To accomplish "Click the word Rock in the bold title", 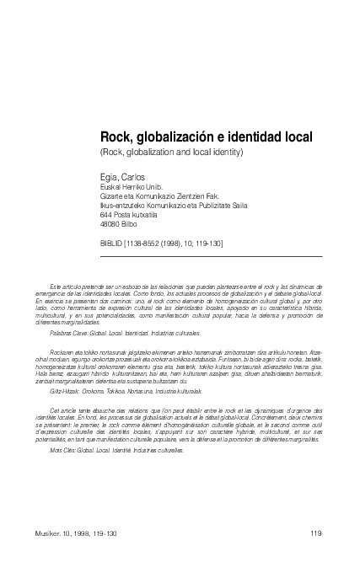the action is (x=115, y=136).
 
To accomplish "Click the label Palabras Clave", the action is (x=70, y=335).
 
